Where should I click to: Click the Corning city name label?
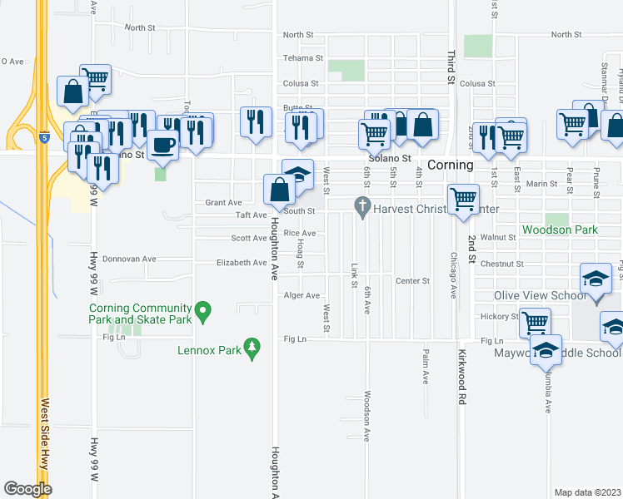pos(451,166)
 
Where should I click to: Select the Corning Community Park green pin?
pos(202,313)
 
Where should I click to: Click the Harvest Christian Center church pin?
pos(362,205)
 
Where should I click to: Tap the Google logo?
pos(27,488)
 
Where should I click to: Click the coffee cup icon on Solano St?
pos(162,145)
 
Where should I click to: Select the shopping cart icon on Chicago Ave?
pos(462,200)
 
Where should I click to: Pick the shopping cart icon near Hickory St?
pos(535,322)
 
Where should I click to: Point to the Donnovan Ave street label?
pos(124,259)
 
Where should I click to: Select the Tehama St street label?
pos(302,58)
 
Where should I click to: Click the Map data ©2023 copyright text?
pos(587,492)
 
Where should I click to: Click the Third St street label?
pos(451,67)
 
